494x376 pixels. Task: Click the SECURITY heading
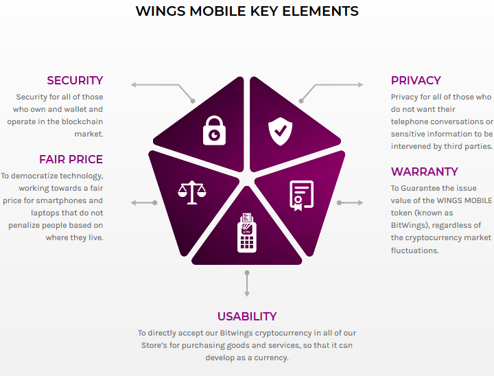click(75, 80)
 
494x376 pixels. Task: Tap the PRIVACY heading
click(416, 80)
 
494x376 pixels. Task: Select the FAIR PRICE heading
click(71, 159)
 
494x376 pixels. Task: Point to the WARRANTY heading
click(425, 172)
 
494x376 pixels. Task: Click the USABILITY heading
click(247, 316)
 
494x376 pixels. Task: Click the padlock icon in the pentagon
click(214, 130)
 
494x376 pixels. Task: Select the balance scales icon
click(192, 192)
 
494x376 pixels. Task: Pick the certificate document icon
click(301, 196)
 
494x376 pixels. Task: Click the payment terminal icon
click(247, 233)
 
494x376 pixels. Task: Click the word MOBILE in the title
click(217, 12)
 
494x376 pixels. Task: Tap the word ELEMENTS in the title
click(320, 12)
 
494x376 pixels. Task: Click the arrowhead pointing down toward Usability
click(247, 294)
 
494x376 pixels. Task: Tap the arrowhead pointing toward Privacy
click(360, 85)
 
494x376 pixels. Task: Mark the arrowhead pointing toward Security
click(134, 85)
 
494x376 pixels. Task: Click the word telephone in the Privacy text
click(410, 121)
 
